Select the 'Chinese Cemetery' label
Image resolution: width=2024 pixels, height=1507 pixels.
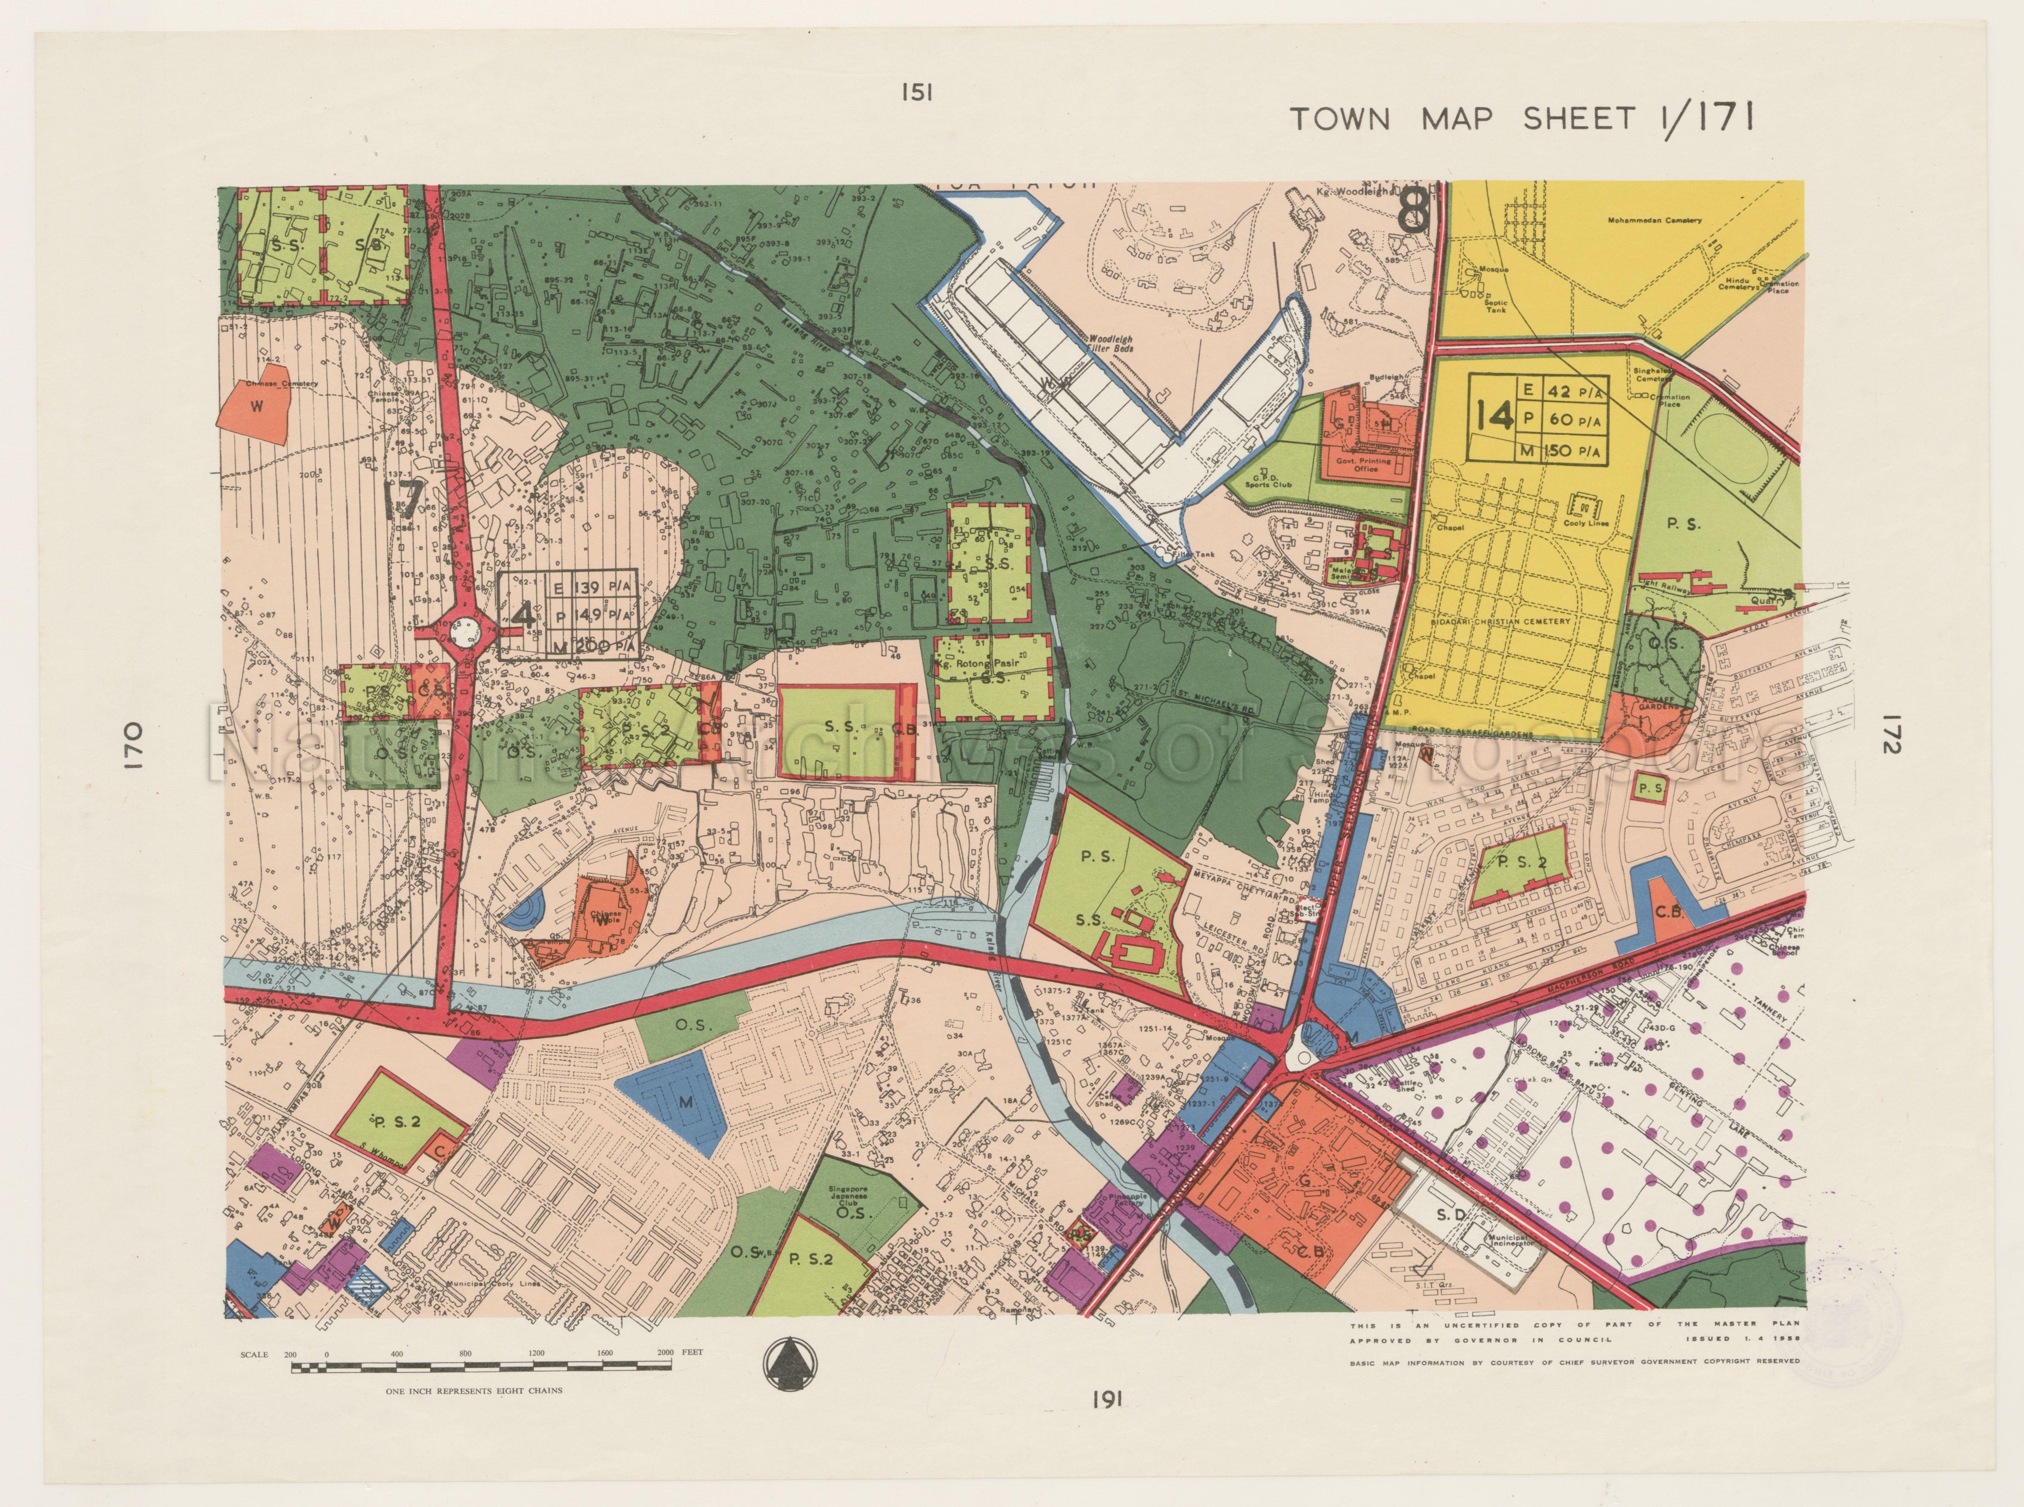[287, 384]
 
